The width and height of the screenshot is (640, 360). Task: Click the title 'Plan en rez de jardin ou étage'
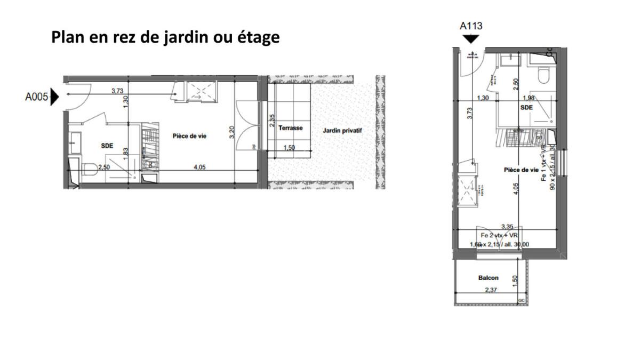tap(165, 38)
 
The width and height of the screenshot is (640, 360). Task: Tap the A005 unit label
tap(37, 97)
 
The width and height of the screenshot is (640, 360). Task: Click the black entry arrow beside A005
tap(54, 97)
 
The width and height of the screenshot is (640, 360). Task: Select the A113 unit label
tap(471, 26)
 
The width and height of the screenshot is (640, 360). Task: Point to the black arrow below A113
tap(471, 39)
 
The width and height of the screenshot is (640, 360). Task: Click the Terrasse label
tap(291, 128)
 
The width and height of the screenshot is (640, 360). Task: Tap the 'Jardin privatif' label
tap(342, 130)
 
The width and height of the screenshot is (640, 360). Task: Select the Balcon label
tap(488, 278)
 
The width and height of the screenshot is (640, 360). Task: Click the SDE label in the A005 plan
tap(107, 146)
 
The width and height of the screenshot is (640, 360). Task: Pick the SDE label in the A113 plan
tap(526, 107)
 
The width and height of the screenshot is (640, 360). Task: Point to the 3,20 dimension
tap(232, 132)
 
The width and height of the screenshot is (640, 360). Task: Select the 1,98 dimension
tap(529, 98)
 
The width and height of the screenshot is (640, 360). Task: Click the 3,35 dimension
tap(507, 227)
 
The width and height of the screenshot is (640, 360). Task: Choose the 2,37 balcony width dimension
tap(491, 290)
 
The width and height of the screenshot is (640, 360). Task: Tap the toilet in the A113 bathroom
tap(544, 77)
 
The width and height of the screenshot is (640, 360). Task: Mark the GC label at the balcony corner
tap(521, 301)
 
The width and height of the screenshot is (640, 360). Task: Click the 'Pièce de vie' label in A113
tap(521, 170)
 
